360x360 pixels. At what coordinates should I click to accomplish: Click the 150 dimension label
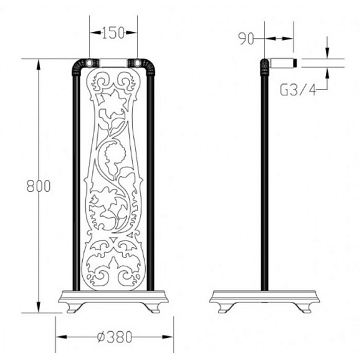click(113, 32)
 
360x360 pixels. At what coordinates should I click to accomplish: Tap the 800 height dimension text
click(38, 186)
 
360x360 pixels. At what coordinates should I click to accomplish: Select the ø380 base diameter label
click(115, 337)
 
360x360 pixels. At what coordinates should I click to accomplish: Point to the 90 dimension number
click(246, 38)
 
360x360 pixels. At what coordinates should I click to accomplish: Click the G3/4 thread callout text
click(298, 89)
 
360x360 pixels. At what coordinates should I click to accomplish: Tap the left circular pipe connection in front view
click(89, 62)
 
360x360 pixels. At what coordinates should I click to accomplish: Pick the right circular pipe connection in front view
click(137, 62)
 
